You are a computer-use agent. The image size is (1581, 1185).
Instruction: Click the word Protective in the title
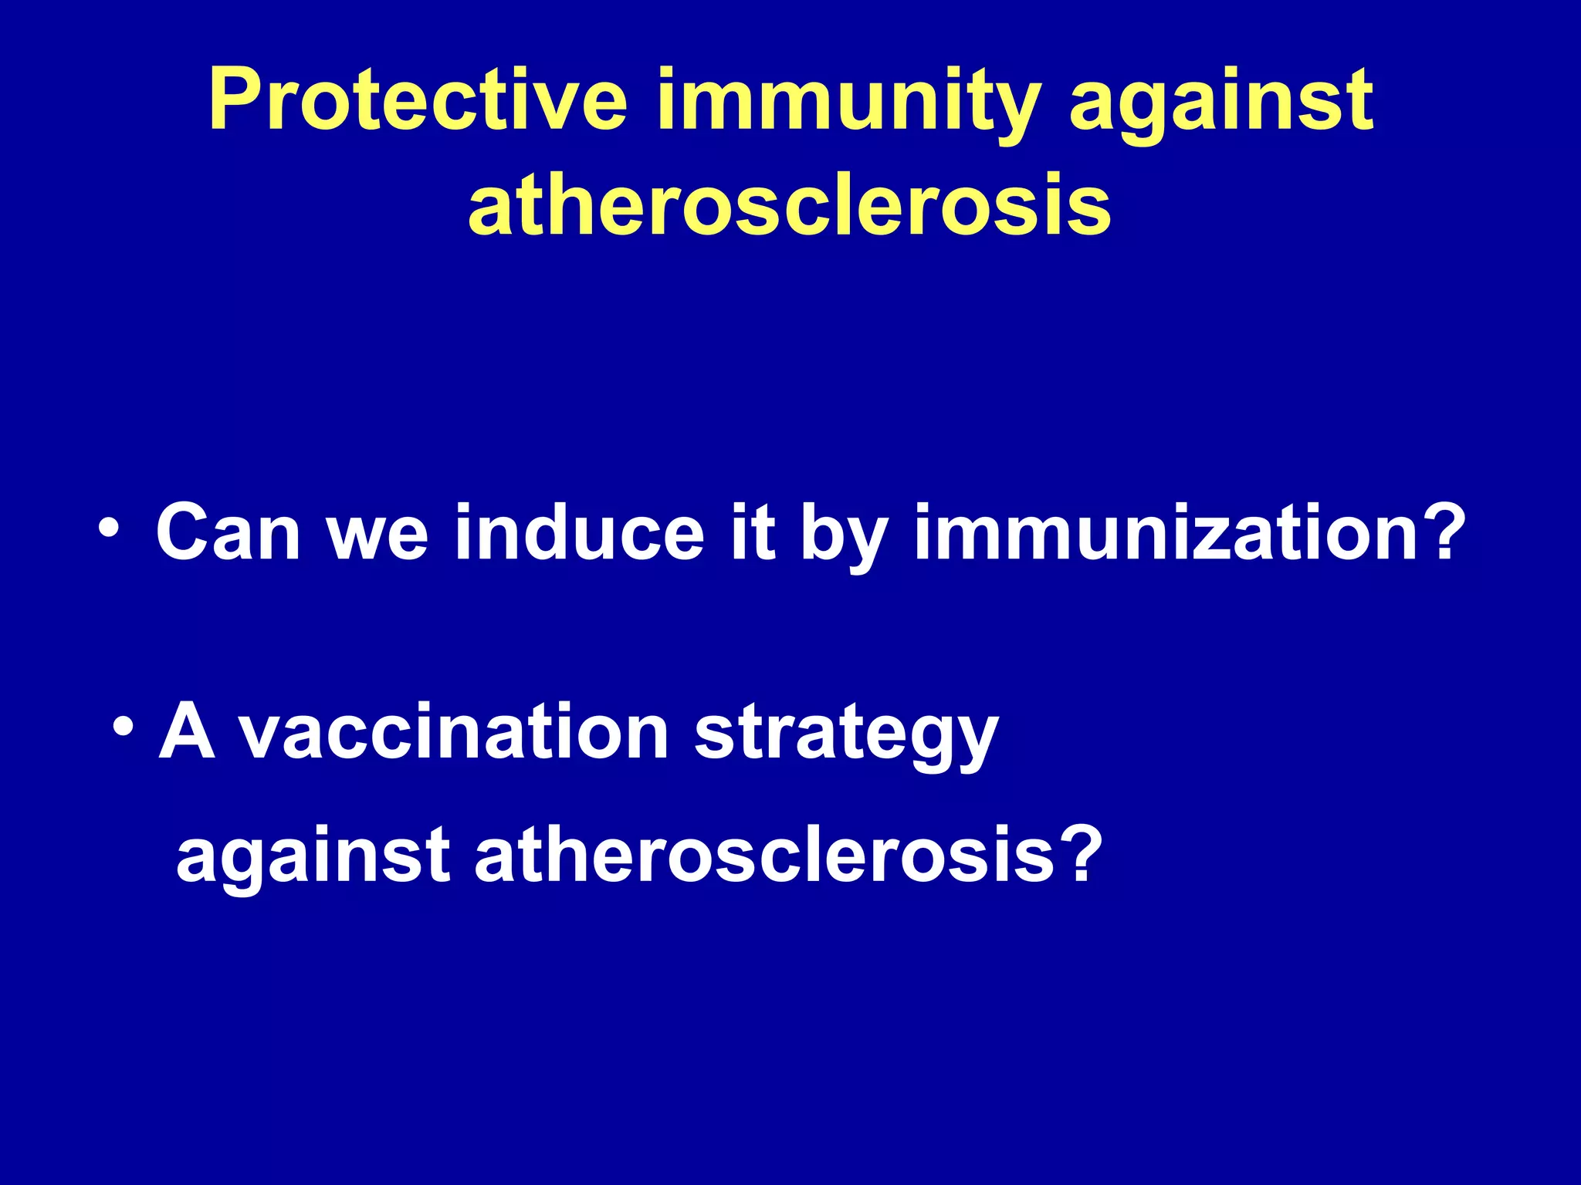417,100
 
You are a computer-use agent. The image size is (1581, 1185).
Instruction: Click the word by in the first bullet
843,536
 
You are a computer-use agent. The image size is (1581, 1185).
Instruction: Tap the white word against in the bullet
313,858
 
